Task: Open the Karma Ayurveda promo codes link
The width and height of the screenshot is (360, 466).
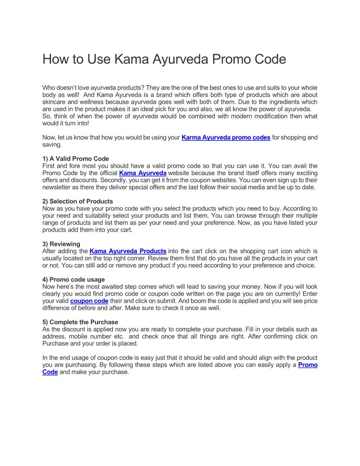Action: [x=226, y=138]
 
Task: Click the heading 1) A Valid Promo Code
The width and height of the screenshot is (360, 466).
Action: [x=75, y=159]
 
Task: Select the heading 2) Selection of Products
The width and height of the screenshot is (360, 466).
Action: [x=78, y=202]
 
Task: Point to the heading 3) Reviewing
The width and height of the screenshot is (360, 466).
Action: [x=61, y=244]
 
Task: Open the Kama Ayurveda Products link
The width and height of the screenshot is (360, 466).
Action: [x=127, y=251]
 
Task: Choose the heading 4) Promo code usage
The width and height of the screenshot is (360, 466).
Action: [x=74, y=279]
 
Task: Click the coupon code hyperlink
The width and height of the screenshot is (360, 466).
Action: [x=89, y=301]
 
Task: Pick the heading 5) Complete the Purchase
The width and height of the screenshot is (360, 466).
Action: [x=80, y=322]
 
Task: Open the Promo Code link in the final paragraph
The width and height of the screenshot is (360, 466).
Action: [x=307, y=365]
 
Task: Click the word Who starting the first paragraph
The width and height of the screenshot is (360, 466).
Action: [x=49, y=88]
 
